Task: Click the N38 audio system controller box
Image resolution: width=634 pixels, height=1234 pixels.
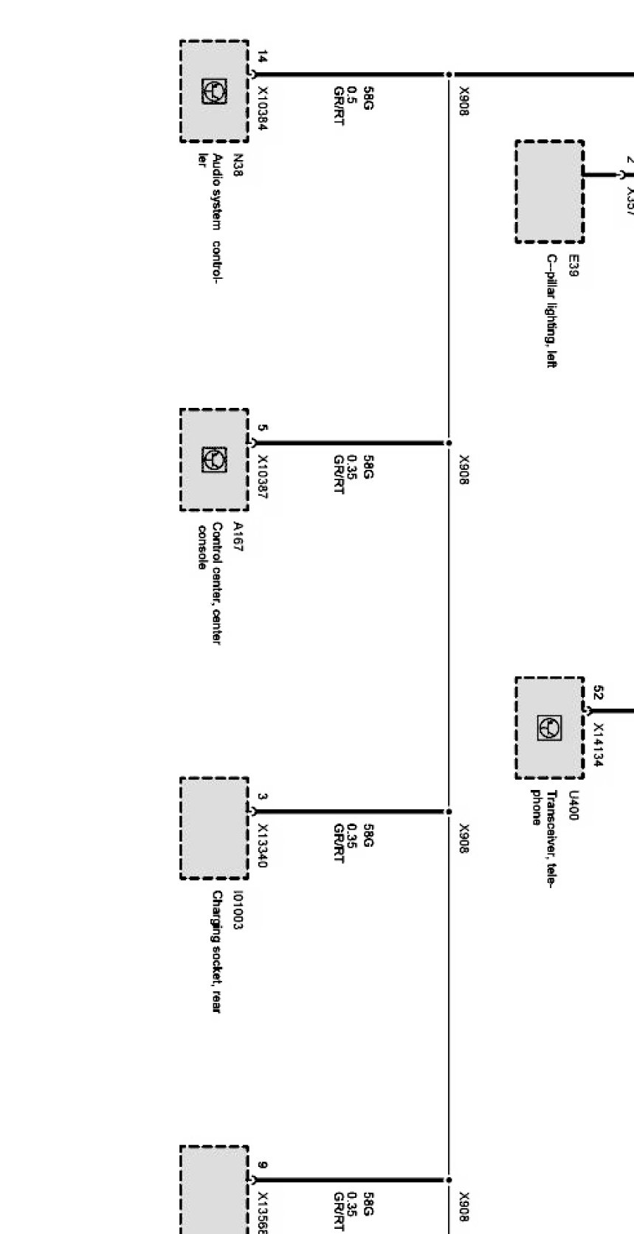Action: click(x=214, y=91)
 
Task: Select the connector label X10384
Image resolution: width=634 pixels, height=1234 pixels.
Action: click(x=263, y=108)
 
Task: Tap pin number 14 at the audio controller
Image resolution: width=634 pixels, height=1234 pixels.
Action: click(x=263, y=57)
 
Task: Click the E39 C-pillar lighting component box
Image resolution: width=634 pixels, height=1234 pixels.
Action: click(x=549, y=192)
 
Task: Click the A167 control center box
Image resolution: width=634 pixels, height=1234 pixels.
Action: click(x=214, y=460)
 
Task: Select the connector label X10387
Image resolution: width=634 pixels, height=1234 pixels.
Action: click(x=263, y=476)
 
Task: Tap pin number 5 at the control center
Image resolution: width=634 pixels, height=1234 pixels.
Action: click(x=263, y=427)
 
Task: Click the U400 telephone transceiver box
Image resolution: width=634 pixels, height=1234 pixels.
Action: click(x=549, y=728)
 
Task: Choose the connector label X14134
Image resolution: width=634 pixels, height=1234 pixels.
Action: click(x=599, y=745)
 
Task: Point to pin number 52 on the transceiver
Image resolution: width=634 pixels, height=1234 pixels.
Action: click(x=599, y=692)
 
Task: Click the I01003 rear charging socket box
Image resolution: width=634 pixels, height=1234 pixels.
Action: click(x=214, y=828)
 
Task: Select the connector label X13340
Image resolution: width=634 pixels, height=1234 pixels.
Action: click(x=263, y=845)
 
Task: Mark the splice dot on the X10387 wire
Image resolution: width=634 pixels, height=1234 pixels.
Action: click(x=448, y=443)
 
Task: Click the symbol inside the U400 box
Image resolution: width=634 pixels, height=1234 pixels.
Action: click(x=551, y=728)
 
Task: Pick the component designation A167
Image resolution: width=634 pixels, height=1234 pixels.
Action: click(x=238, y=537)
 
